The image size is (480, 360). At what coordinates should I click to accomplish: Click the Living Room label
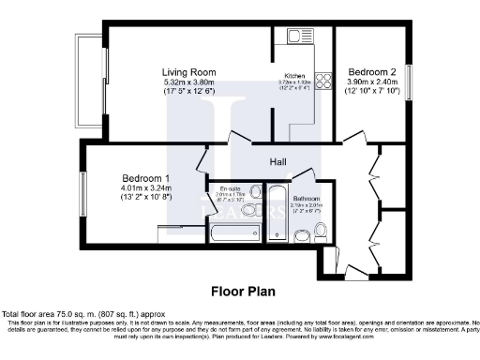coord(189,71)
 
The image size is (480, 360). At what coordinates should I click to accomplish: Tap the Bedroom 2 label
coord(370,71)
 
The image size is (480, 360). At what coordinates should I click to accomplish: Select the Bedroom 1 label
coord(144,178)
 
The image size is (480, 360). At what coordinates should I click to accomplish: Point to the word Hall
coord(278,162)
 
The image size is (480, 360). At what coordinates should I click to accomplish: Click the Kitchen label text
coord(296,77)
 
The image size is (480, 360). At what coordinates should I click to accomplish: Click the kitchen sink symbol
coord(299,37)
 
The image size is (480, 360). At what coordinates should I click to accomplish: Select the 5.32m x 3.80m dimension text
coord(189,82)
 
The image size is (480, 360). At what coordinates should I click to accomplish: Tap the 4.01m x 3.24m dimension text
coord(144,188)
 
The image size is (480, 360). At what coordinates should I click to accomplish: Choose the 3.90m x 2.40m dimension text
coord(370,82)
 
